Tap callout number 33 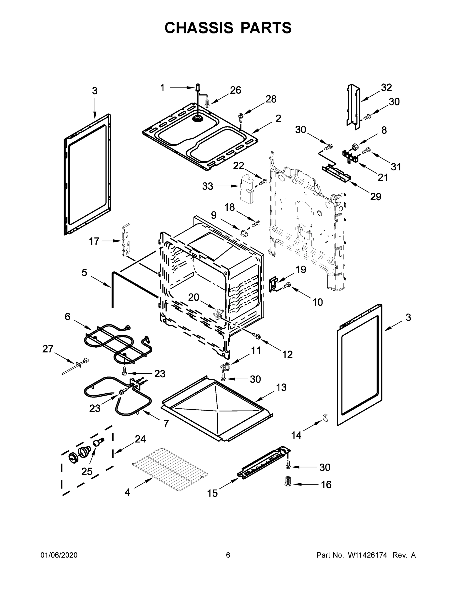point(207,186)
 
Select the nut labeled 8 point(354,147)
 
